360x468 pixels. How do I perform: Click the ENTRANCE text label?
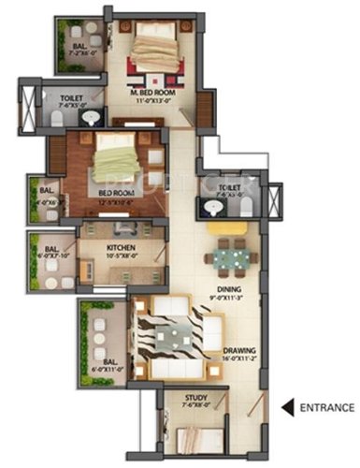326,407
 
